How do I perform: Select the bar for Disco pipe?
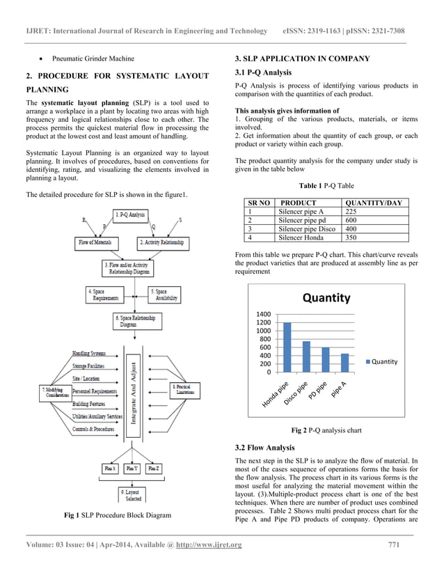tap(306, 356)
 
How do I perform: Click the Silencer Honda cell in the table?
tap(305, 237)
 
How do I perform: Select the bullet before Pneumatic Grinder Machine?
tap(42, 58)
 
